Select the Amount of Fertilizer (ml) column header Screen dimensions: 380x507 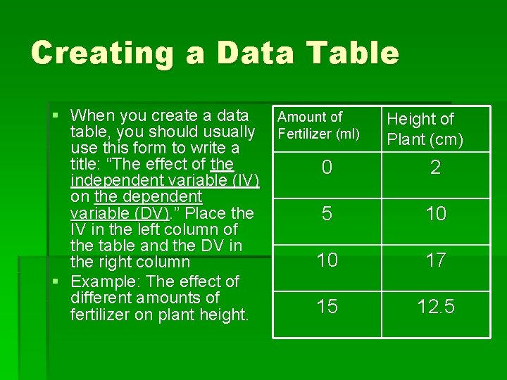point(318,125)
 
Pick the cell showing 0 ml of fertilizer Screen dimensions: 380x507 point(327,167)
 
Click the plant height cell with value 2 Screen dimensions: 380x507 point(436,167)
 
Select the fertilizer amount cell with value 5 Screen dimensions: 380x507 point(327,214)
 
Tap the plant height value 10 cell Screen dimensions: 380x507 point(436,214)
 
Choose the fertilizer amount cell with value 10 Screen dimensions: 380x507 point(327,260)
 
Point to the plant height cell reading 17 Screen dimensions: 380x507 point(436,260)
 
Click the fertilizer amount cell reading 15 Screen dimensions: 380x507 point(327,307)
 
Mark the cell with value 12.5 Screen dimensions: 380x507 point(436,307)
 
